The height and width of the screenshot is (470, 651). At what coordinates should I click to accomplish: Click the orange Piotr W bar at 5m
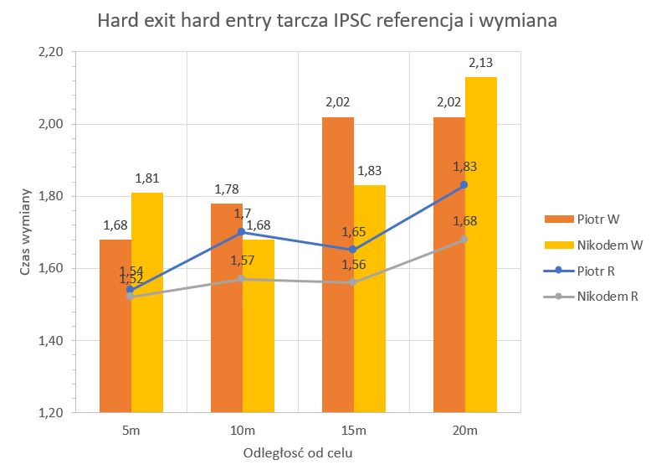(x=115, y=327)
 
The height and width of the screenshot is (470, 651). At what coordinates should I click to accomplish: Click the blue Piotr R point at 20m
(x=464, y=184)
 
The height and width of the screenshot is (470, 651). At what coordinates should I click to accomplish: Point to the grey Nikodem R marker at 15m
(x=353, y=282)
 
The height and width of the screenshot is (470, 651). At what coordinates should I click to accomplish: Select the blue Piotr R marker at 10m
(x=242, y=232)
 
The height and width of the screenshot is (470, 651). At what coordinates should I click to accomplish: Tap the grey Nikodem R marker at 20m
(x=464, y=239)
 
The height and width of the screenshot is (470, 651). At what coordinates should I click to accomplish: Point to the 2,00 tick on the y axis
(x=51, y=124)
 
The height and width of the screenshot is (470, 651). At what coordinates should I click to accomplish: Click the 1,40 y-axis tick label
(x=51, y=341)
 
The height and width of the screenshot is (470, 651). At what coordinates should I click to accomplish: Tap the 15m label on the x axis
(x=353, y=431)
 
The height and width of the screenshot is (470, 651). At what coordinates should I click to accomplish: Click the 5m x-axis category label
(x=131, y=431)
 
